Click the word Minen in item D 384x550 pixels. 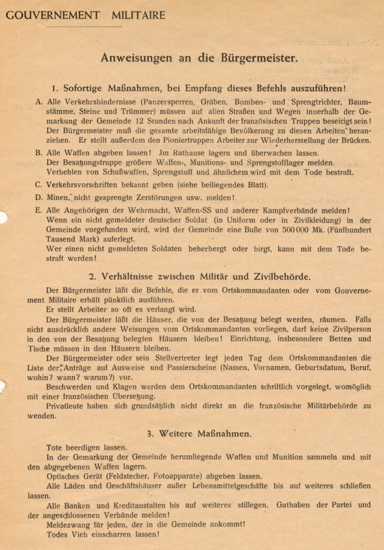(x=59, y=198)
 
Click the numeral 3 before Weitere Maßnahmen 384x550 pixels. (x=150, y=433)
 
